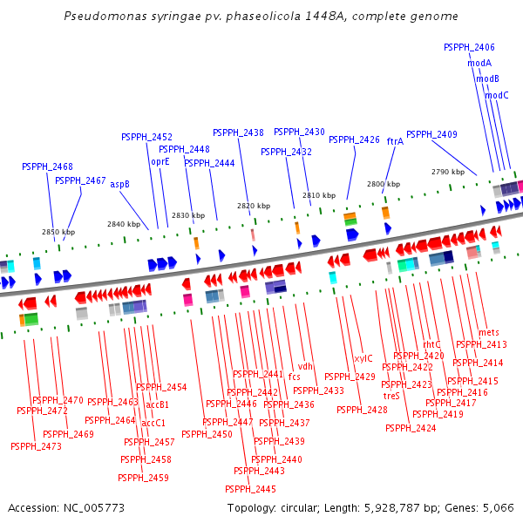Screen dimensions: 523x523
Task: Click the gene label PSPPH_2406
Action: coord(469,47)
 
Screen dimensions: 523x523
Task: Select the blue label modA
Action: coord(479,63)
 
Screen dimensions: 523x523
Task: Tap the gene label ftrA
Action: coord(395,140)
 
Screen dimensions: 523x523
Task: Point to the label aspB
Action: coord(119,184)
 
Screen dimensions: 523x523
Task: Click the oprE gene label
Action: coord(160,161)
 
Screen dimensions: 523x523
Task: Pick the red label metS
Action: coord(489,332)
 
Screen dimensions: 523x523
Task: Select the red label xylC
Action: coord(363,358)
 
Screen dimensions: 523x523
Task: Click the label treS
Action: coord(391,396)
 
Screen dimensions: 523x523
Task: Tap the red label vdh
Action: coord(305,366)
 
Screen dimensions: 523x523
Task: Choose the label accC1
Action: coord(153,423)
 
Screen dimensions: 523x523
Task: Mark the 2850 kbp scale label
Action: coord(58,232)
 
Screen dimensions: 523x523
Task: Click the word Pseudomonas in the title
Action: coord(101,17)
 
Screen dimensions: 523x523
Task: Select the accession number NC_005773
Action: coord(92,507)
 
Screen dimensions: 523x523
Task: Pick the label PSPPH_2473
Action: coord(36,446)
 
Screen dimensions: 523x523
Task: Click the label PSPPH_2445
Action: coord(250,489)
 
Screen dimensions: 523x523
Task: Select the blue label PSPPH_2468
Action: coord(47,166)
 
